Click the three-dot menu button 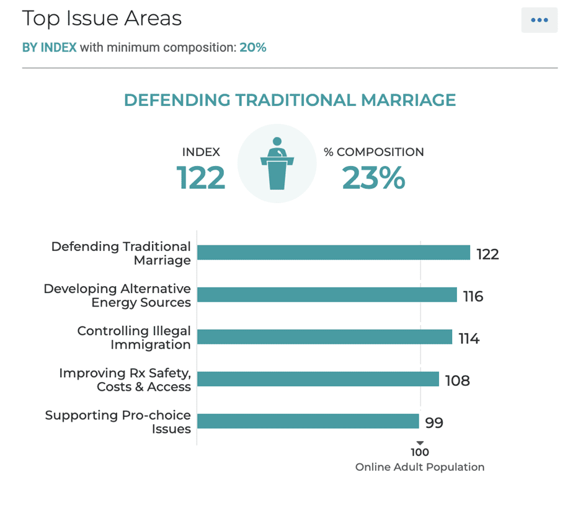539,20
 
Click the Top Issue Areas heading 102,19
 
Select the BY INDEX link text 50,48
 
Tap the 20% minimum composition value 253,48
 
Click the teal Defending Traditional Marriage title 290,100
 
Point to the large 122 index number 200,178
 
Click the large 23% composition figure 373,178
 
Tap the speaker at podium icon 277,164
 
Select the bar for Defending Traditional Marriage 333,253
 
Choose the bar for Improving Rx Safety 318,379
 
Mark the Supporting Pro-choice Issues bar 308,421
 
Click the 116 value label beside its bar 473,296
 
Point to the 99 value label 434,423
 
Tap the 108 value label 458,380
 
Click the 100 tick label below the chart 420,453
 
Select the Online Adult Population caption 420,467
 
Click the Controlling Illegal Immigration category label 134,338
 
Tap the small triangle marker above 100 420,443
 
